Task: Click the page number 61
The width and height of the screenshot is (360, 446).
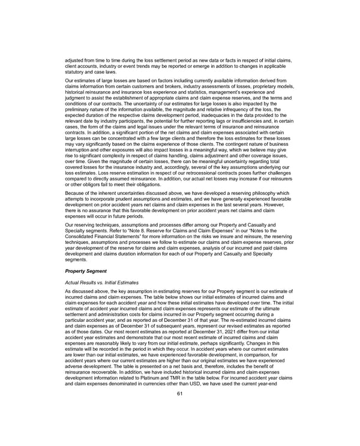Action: pyautogui.click(x=179, y=411)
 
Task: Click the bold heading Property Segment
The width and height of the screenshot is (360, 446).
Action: pyautogui.click(x=86, y=271)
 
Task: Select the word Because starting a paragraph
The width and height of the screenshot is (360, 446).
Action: pyautogui.click(x=76, y=193)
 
